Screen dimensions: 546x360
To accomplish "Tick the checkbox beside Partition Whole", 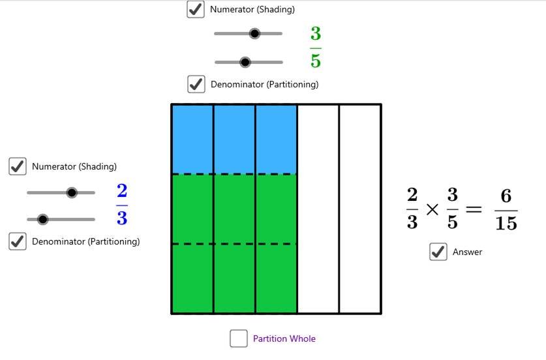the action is point(239,338).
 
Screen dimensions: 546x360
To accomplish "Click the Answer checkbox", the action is point(438,251).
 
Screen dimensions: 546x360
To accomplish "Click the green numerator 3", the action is point(316,33).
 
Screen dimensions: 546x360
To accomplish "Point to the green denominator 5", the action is point(316,60).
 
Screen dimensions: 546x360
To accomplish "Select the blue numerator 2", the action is point(122,190).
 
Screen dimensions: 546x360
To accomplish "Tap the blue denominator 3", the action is point(122,218).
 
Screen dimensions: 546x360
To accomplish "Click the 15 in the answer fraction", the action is point(506,223).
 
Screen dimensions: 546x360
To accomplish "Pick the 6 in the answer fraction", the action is point(506,196).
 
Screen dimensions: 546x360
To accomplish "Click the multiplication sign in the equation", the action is point(432,209).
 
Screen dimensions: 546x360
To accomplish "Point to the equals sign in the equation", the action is point(474,209).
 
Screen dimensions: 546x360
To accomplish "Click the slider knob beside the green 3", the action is point(254,33).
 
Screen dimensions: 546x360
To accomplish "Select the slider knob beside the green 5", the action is point(245,63).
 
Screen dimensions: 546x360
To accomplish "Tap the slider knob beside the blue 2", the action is point(72,192).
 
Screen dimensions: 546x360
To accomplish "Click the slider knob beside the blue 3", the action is point(42,220).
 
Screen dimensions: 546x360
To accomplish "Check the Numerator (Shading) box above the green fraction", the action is point(195,9).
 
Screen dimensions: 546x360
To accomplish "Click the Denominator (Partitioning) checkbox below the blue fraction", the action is point(18,241).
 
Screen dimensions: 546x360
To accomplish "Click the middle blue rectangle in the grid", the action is point(234,140).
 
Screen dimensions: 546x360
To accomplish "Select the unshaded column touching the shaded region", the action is point(318,209).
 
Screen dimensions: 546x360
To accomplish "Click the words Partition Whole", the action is point(284,338).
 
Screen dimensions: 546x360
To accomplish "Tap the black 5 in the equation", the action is point(452,222).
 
